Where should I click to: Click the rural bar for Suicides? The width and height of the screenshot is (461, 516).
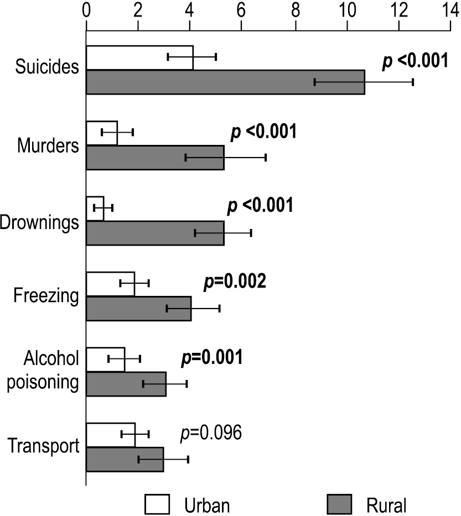coord(225,82)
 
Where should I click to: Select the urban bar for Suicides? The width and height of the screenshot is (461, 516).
coord(139,58)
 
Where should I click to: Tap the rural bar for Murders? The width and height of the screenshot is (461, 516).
coord(155,158)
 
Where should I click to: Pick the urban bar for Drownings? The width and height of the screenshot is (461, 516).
coord(95,208)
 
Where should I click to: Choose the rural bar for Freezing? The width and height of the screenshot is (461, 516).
coord(138,309)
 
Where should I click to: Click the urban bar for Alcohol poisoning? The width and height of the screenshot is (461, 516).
coord(106,359)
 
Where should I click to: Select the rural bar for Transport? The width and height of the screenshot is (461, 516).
coord(125,459)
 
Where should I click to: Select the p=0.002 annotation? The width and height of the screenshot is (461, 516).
coord(235,282)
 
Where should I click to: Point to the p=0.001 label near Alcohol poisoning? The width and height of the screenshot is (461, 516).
coord(212,357)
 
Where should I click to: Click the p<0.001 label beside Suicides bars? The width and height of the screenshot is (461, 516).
coord(415,61)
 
